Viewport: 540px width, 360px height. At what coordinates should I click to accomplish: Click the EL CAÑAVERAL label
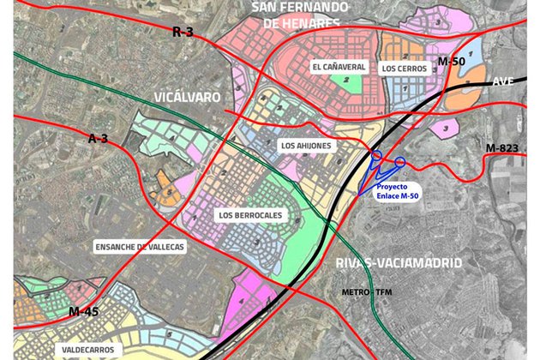339,66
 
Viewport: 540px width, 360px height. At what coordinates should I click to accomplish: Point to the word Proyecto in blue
397,186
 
